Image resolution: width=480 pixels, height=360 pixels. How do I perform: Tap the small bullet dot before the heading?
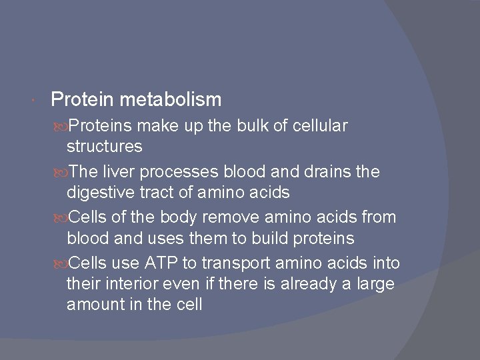[33, 101]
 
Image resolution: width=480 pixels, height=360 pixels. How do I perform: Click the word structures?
[104, 146]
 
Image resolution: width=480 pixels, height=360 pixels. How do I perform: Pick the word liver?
[117, 171]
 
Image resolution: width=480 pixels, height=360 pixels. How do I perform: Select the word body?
[155, 217]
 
